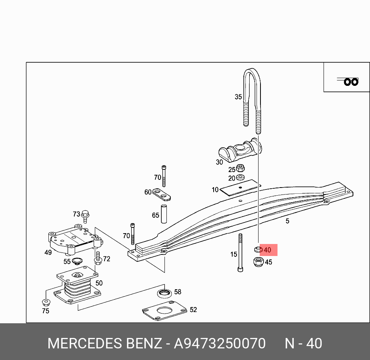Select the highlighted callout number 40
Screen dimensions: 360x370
267,250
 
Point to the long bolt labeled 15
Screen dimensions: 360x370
240,253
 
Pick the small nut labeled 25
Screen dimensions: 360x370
240,168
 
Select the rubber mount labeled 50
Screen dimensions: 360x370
77,286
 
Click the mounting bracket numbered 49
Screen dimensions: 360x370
74,240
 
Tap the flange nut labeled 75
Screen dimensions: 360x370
46,302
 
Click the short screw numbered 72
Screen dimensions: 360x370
98,258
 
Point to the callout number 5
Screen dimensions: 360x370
287,221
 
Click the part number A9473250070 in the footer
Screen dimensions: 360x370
220,343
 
